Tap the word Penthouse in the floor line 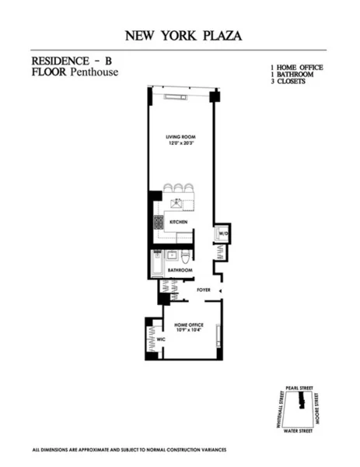(x=88, y=72)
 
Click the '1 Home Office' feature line (x=296, y=68)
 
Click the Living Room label (x=179, y=138)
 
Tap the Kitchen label (x=180, y=222)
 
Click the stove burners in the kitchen (x=159, y=223)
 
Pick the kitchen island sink (x=177, y=204)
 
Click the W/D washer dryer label (x=222, y=233)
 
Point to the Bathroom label (x=179, y=271)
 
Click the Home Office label (x=190, y=325)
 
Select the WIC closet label (x=162, y=339)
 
